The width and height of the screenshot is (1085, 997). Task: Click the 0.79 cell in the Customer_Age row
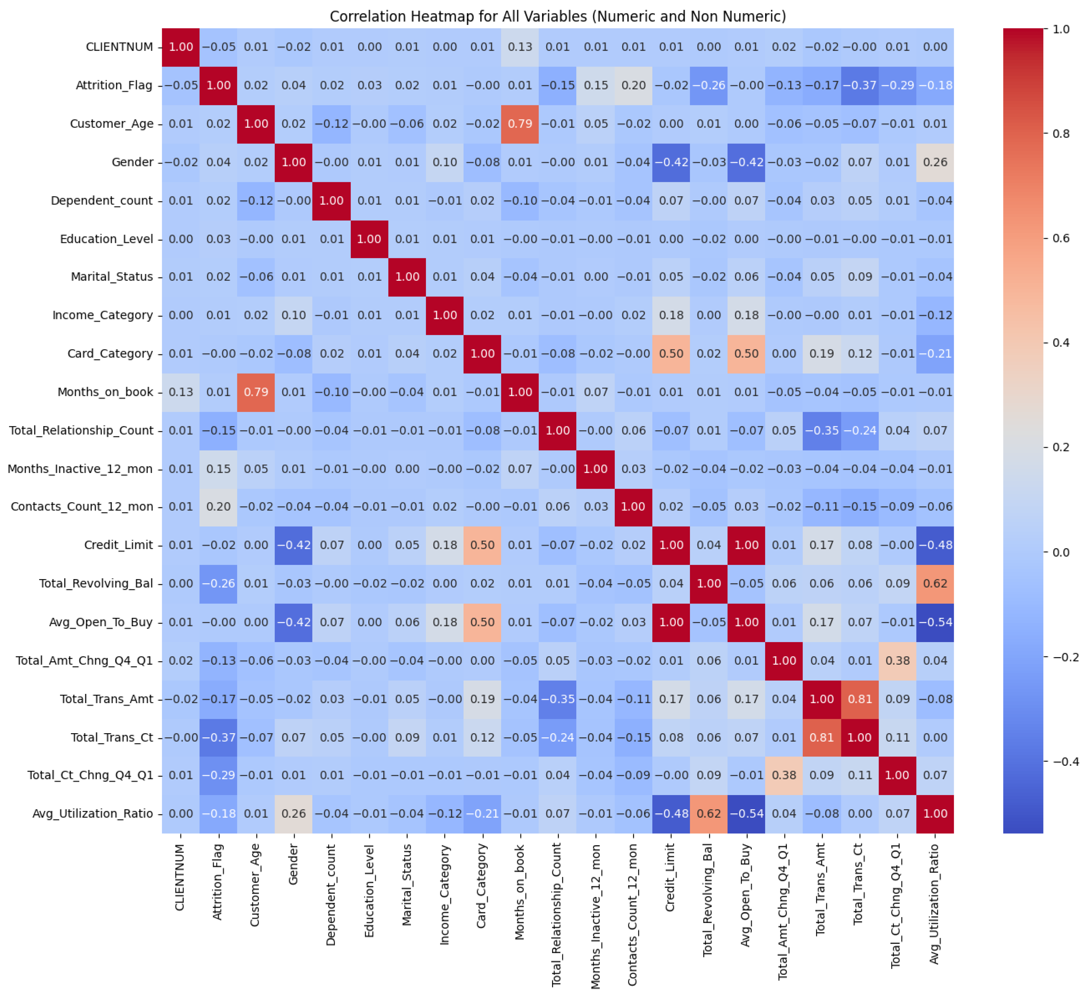[520, 124]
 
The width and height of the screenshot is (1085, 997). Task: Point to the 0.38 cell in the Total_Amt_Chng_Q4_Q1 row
[897, 660]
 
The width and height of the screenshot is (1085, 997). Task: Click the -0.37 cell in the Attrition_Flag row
[859, 85]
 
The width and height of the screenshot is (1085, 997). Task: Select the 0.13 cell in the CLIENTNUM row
[520, 47]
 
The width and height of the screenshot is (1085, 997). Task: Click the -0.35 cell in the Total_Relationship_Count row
[822, 430]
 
